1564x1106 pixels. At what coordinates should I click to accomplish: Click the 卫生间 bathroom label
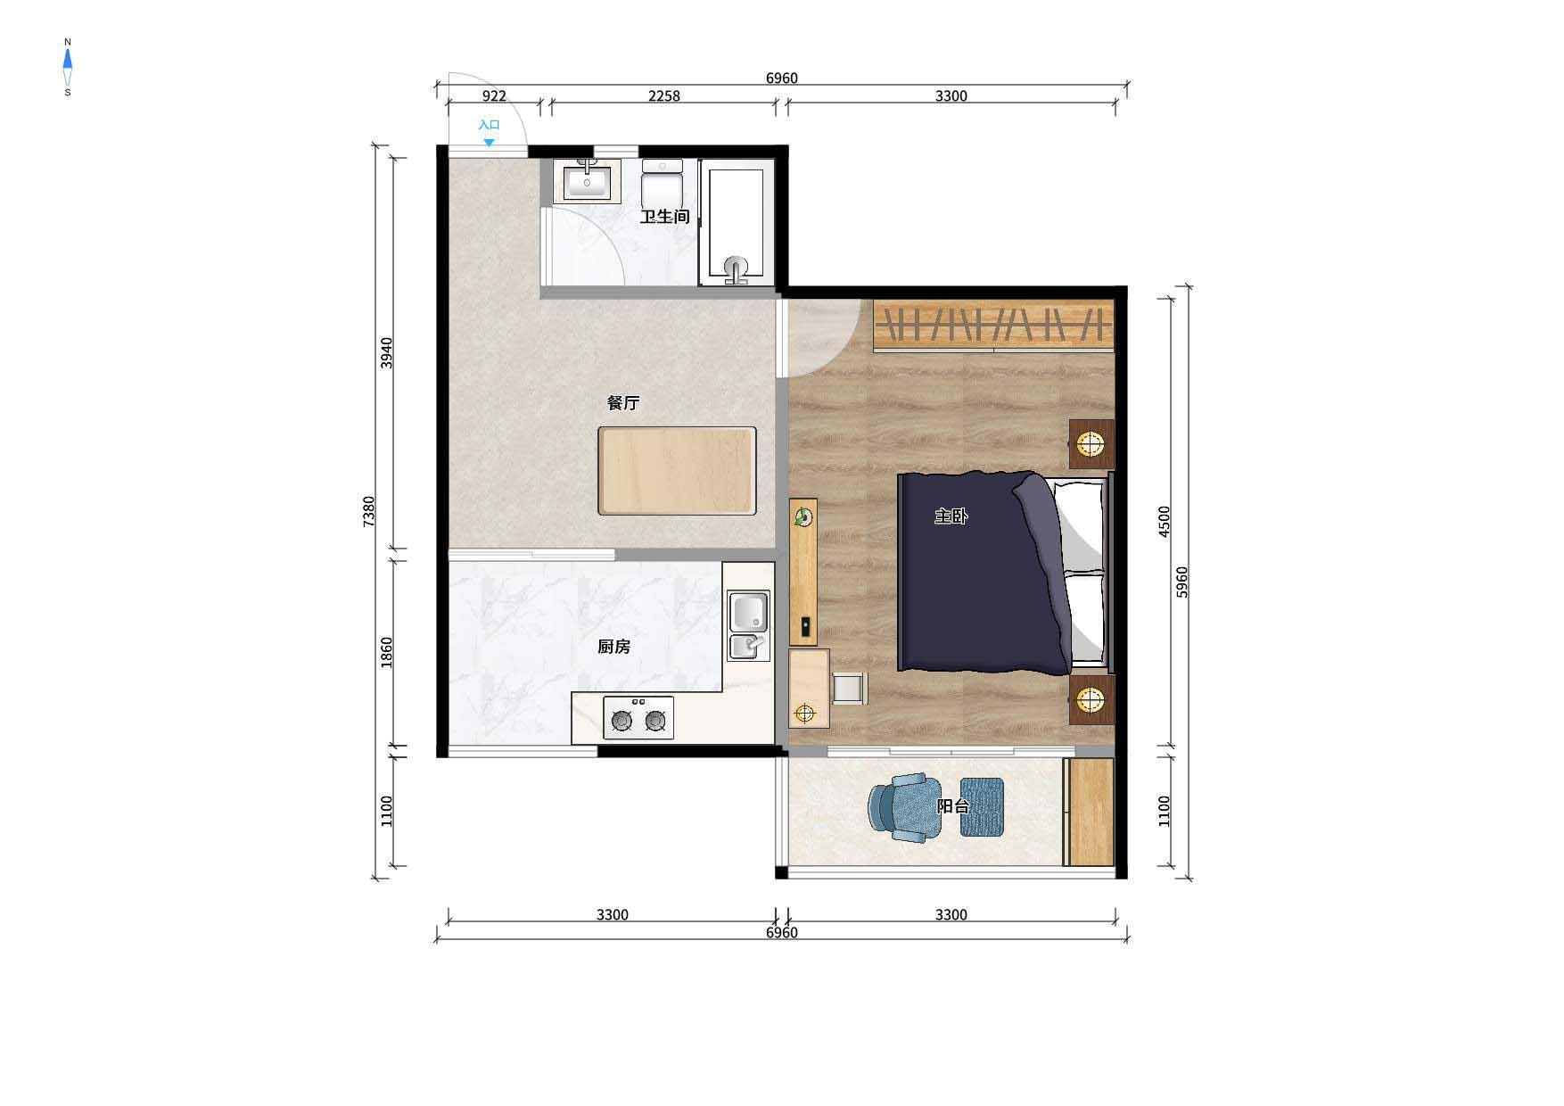665,217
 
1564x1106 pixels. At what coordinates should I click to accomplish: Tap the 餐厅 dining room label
623,403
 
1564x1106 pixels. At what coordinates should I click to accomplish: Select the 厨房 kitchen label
614,647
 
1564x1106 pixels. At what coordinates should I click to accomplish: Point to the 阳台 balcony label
953,806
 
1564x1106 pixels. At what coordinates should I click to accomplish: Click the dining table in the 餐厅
677,471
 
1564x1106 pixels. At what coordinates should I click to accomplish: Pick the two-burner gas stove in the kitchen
638,718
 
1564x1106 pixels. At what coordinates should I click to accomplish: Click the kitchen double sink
749,625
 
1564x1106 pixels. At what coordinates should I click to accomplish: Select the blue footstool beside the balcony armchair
982,807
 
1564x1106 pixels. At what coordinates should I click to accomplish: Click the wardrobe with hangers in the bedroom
993,326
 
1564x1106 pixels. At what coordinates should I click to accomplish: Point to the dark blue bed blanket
984,572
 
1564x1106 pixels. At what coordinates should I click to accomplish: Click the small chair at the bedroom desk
850,689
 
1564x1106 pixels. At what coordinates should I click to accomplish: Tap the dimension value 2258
663,96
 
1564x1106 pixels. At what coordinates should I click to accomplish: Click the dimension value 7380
370,512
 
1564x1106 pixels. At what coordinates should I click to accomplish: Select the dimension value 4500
1164,522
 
